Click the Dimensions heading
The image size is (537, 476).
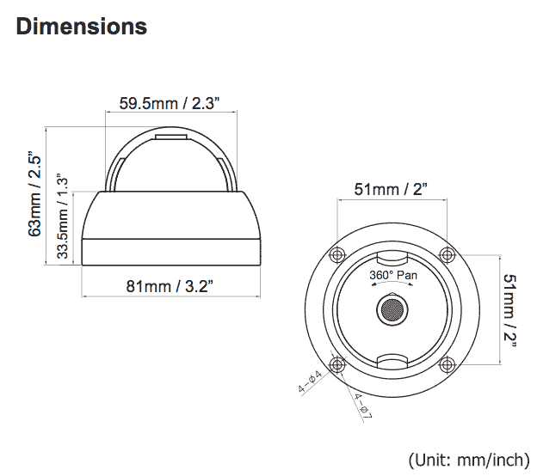pyautogui.click(x=82, y=27)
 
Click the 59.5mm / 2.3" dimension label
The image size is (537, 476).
pyautogui.click(x=170, y=103)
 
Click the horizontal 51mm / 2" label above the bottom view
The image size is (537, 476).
pyautogui.click(x=391, y=189)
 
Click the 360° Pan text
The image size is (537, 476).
pyautogui.click(x=392, y=275)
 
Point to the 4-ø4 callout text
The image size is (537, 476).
pyautogui.click(x=310, y=381)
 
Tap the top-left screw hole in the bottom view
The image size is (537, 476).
pyautogui.click(x=337, y=254)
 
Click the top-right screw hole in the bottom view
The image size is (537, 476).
pyautogui.click(x=446, y=254)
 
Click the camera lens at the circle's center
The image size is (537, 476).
pyautogui.click(x=392, y=308)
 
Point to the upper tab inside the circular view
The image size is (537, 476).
pyautogui.click(x=392, y=258)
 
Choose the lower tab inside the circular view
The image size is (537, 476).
pyautogui.click(x=392, y=359)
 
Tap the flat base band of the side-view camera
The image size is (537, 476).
pyautogui.click(x=170, y=253)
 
